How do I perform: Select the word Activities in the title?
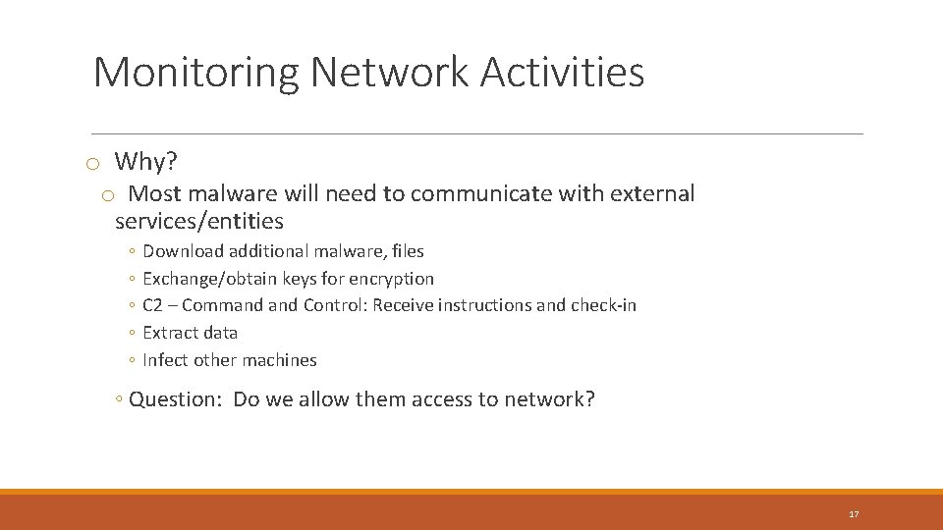(x=563, y=73)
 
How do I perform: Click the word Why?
(x=146, y=161)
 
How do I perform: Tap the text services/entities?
(x=199, y=221)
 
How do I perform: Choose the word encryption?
(x=391, y=279)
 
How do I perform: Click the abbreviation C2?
(x=152, y=305)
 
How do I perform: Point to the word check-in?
(x=603, y=305)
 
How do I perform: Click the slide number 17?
(x=854, y=514)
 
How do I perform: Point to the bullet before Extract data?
(x=132, y=334)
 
